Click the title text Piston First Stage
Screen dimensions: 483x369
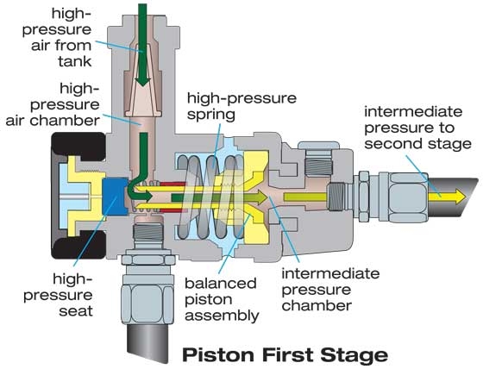click(x=285, y=355)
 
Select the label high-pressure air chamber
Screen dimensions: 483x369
click(x=53, y=104)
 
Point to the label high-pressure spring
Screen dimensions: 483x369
click(x=241, y=106)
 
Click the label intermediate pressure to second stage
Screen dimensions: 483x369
click(x=417, y=128)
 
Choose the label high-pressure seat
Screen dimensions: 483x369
click(x=58, y=295)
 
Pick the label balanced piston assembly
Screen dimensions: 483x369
click(x=222, y=299)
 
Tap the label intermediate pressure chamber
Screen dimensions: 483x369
click(x=330, y=290)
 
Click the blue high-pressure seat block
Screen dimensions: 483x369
click(x=115, y=197)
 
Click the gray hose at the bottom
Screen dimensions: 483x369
click(x=147, y=342)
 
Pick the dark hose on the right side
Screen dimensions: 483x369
click(x=452, y=197)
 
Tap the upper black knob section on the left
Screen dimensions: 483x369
click(x=78, y=147)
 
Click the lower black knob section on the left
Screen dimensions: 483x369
click(x=78, y=245)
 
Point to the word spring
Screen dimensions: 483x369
click(x=211, y=115)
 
